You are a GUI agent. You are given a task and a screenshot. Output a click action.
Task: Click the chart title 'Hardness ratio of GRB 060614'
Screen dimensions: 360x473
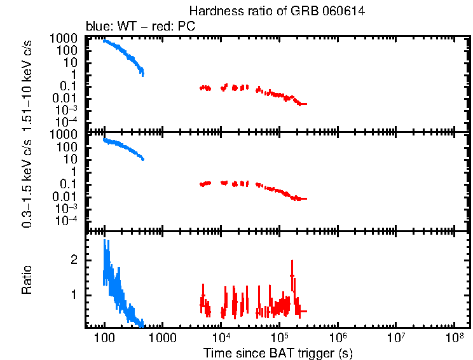[277, 11]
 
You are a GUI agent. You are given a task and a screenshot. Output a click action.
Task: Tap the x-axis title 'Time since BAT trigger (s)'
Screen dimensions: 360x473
[278, 352]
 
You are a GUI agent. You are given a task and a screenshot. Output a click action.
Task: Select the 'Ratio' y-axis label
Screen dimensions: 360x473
[27, 280]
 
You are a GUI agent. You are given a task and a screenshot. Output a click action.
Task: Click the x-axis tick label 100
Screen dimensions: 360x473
[104, 336]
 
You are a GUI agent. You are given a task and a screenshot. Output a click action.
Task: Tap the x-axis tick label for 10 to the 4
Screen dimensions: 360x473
[221, 336]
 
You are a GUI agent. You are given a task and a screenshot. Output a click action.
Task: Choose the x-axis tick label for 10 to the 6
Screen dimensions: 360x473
[338, 336]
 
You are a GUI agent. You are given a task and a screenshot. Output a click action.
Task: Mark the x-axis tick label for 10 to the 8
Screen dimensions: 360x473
[455, 336]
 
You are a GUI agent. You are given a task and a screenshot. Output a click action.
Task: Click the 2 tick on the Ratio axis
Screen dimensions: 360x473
[74, 260]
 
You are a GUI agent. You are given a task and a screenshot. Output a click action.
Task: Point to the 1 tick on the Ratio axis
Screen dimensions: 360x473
[74, 295]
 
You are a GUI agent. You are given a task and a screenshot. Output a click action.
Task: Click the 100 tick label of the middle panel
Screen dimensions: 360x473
[67, 147]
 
